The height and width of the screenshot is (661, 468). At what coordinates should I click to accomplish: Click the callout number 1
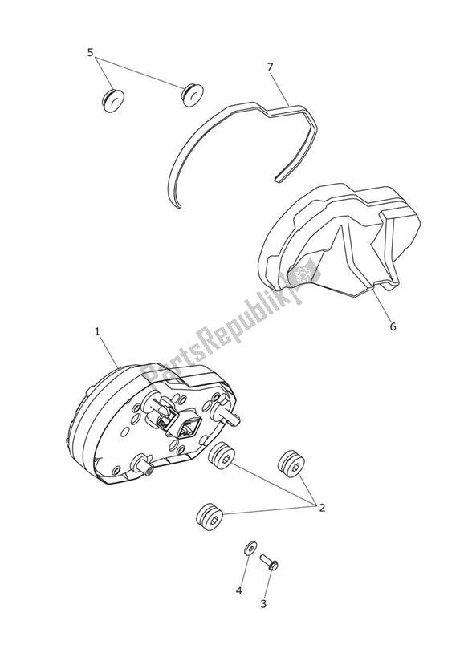pos(97,330)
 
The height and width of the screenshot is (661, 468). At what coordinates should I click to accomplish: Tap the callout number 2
pos(322,507)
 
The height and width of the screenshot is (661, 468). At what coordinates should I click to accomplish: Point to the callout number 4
pos(238,591)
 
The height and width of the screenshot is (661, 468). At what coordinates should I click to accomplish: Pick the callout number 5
pos(91,53)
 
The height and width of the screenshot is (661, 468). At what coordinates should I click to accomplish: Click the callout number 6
pos(393,326)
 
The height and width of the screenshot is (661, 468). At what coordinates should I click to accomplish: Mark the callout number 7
pos(271,67)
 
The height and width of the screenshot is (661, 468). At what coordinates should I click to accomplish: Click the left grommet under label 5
pos(113,100)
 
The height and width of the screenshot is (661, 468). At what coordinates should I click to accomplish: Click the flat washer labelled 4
pos(249,547)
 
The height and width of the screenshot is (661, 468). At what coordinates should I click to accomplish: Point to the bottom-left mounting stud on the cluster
pos(144,465)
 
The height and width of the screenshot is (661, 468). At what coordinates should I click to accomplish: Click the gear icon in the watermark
pos(303,275)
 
